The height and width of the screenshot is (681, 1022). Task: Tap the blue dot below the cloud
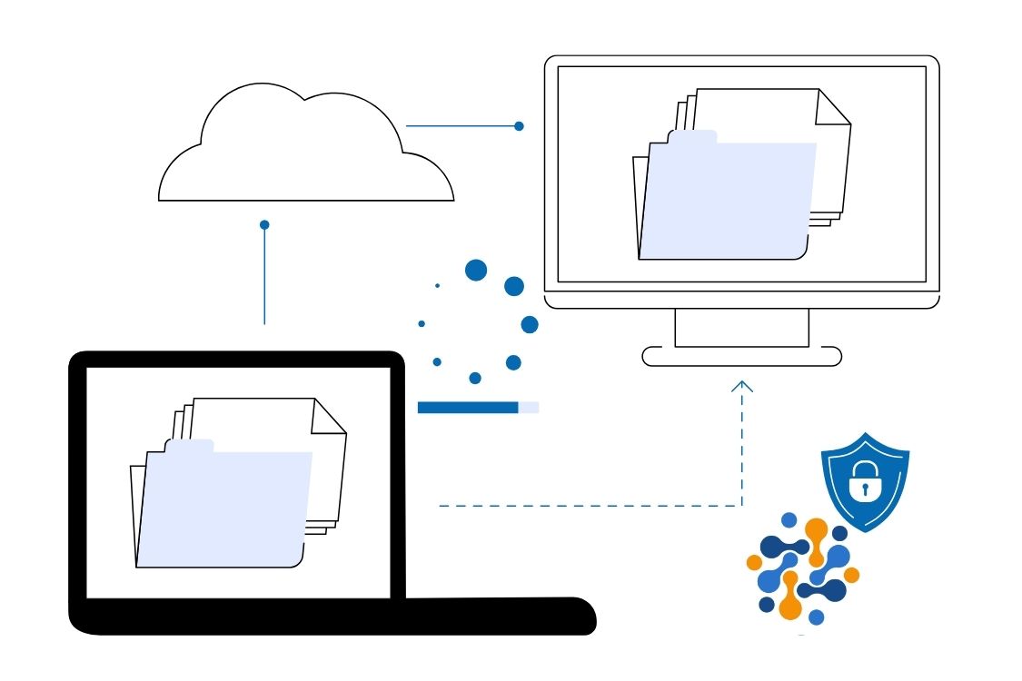coord(264,224)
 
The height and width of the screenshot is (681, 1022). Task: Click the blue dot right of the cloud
coord(519,126)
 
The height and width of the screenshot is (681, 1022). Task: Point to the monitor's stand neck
coord(741,328)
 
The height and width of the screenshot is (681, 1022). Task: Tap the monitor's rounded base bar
coord(741,356)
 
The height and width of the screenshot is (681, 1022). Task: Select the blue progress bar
coord(468,408)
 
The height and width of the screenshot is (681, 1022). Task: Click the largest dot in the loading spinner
coord(476,270)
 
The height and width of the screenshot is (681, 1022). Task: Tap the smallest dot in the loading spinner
coord(437,286)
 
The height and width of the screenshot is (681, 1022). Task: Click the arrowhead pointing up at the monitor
coord(742,386)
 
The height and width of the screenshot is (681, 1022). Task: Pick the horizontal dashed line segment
coord(590,506)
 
